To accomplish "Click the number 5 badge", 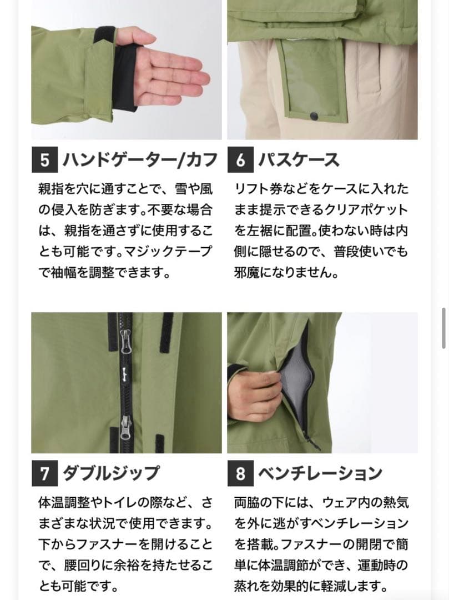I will (x=44, y=161).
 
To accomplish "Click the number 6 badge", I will (x=240, y=161).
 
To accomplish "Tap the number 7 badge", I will (x=44, y=474).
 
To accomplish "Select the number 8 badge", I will (x=240, y=474).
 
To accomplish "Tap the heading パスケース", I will (x=299, y=161).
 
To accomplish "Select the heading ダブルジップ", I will (x=111, y=474).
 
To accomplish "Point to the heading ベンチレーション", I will (x=320, y=474).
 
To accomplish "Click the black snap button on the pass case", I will (x=314, y=115).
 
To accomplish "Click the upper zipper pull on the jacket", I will (x=126, y=336).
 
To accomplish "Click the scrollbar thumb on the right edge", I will (x=443, y=328).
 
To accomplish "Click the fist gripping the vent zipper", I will (x=253, y=394).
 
